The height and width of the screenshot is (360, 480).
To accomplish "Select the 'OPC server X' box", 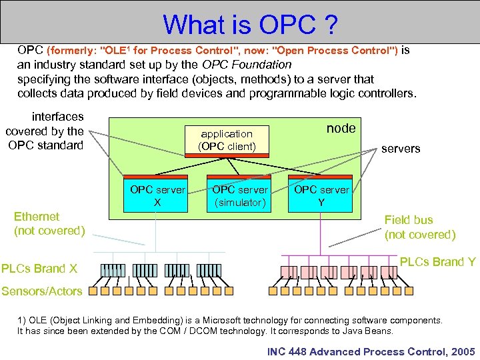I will pos(157,195).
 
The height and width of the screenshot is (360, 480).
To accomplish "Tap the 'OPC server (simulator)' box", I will pos(239,195).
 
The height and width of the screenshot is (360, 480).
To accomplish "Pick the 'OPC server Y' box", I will pos(321,195).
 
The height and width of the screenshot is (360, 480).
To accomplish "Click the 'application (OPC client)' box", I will pos(226,140).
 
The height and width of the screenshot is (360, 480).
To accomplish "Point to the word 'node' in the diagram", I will pos(341,128).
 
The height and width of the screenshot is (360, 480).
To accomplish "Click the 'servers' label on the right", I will pos(400,149).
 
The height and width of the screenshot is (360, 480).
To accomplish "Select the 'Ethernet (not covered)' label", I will pos(49,223).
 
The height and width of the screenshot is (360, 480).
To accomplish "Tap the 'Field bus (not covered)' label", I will pos(419,227).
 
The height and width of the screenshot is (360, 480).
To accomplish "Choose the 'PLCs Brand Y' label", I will pos(437,262).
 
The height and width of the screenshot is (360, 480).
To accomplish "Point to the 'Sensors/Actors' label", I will pos(41,291).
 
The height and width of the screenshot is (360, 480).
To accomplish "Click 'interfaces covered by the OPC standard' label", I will pos(46,131).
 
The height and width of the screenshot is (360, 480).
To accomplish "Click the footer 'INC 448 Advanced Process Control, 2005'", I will pos(371,351).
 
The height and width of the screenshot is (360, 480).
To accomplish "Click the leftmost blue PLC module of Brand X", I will pos(113,270).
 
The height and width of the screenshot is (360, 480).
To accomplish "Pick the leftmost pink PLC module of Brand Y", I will pos(289,271).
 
